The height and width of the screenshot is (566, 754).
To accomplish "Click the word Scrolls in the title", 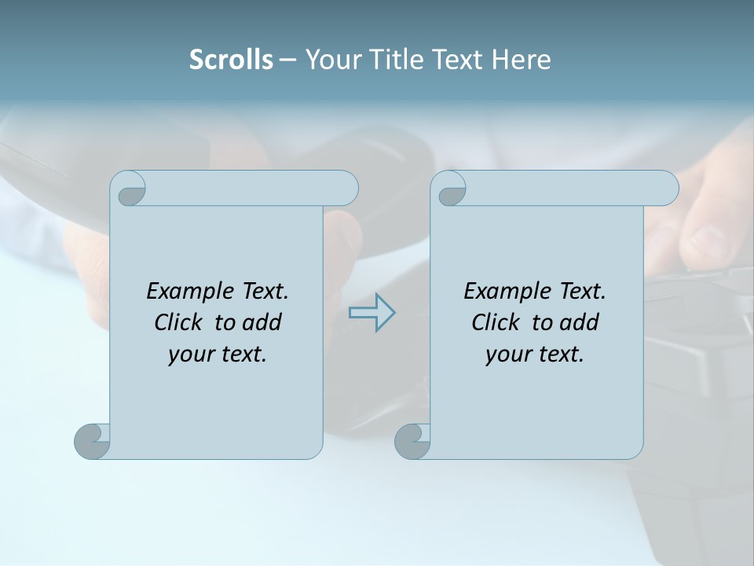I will pyautogui.click(x=231, y=60).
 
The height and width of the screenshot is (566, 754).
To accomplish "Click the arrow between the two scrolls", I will pyautogui.click(x=372, y=312).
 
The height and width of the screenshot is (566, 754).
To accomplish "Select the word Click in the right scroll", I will pyautogui.click(x=496, y=322).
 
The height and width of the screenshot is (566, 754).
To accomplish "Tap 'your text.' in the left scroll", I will pyautogui.click(x=218, y=355).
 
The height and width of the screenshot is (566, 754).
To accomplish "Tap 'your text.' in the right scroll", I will pyautogui.click(x=535, y=355).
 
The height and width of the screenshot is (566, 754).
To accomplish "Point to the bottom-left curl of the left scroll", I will pyautogui.click(x=93, y=441).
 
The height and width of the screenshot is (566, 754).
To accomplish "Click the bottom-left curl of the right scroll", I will pyautogui.click(x=412, y=441).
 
